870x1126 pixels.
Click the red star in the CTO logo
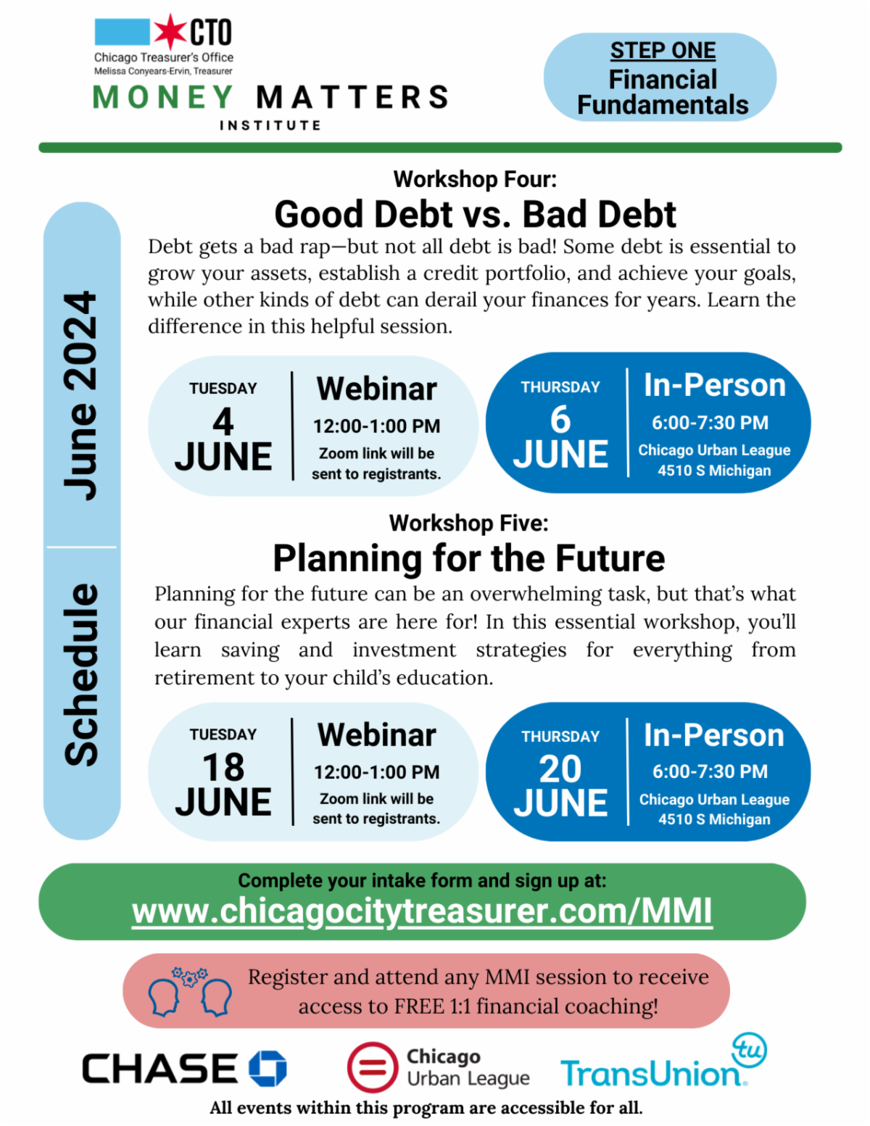(x=170, y=32)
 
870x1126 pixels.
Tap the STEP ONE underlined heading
(x=662, y=51)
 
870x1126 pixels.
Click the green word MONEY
(x=163, y=97)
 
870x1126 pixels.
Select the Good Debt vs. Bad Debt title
(x=475, y=214)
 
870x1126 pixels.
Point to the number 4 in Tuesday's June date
(x=223, y=421)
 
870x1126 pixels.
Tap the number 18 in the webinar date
(x=223, y=767)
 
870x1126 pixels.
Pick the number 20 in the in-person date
(x=560, y=769)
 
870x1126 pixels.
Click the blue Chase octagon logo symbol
(x=268, y=1068)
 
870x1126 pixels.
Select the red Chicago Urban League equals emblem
(x=373, y=1067)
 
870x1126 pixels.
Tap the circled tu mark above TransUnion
(x=749, y=1050)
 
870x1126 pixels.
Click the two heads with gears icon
(x=190, y=991)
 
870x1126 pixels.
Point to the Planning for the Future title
(x=469, y=558)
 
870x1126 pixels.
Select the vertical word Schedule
(x=80, y=675)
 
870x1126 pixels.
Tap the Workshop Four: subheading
(x=475, y=179)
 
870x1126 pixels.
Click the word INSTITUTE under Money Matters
(x=270, y=125)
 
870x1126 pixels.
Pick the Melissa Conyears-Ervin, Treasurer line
(x=163, y=71)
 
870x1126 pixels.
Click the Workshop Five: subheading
(x=469, y=523)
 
